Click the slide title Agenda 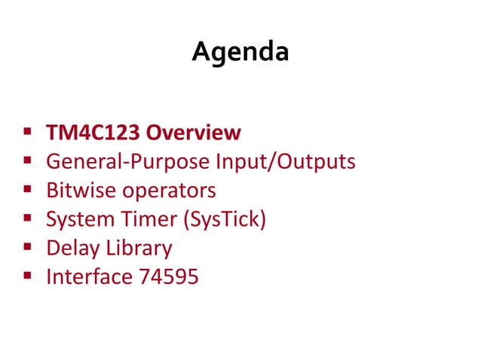[x=240, y=52]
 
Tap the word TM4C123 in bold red [x=93, y=133]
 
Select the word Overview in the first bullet [x=193, y=133]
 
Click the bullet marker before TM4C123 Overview [x=27, y=133]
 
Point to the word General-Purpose [x=129, y=162]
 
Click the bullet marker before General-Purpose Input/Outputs [x=27, y=161]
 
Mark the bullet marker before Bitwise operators [x=27, y=190]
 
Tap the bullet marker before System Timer [x=27, y=218]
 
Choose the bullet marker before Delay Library [x=27, y=247]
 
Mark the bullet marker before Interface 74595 [x=27, y=276]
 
